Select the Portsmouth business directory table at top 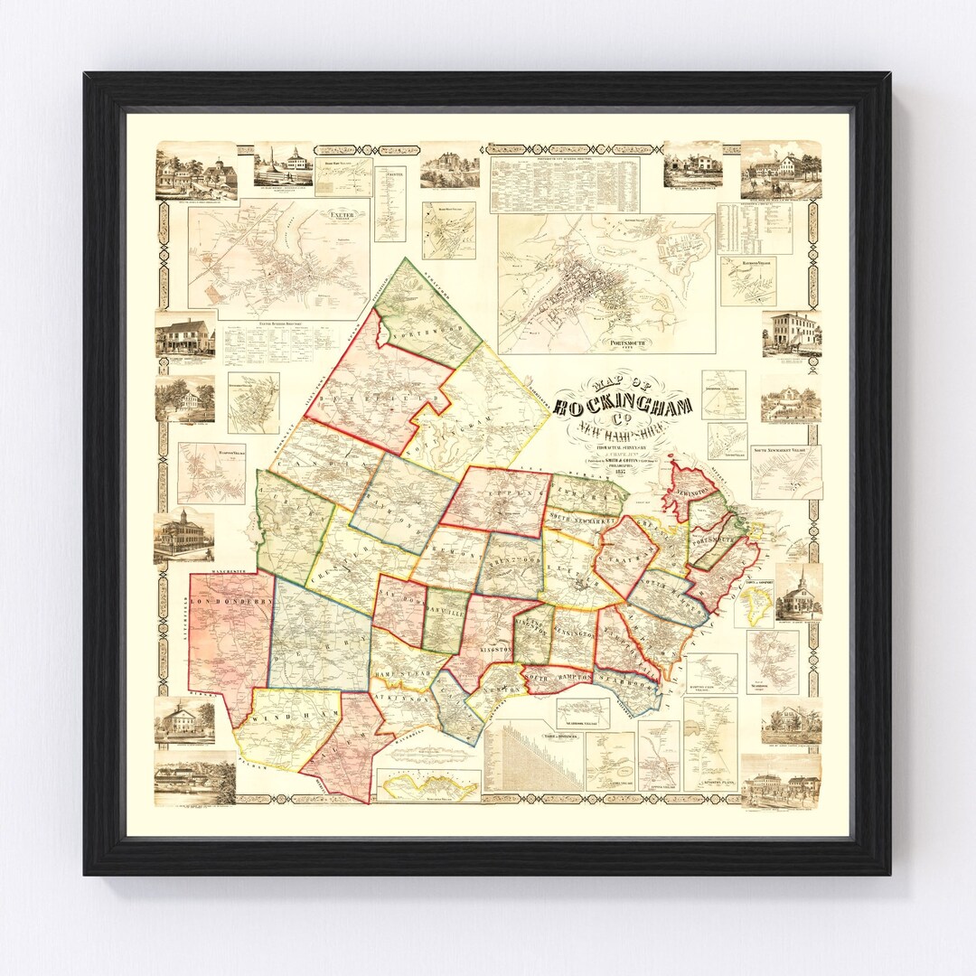pos(564,183)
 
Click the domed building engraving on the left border pos(183,538)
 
